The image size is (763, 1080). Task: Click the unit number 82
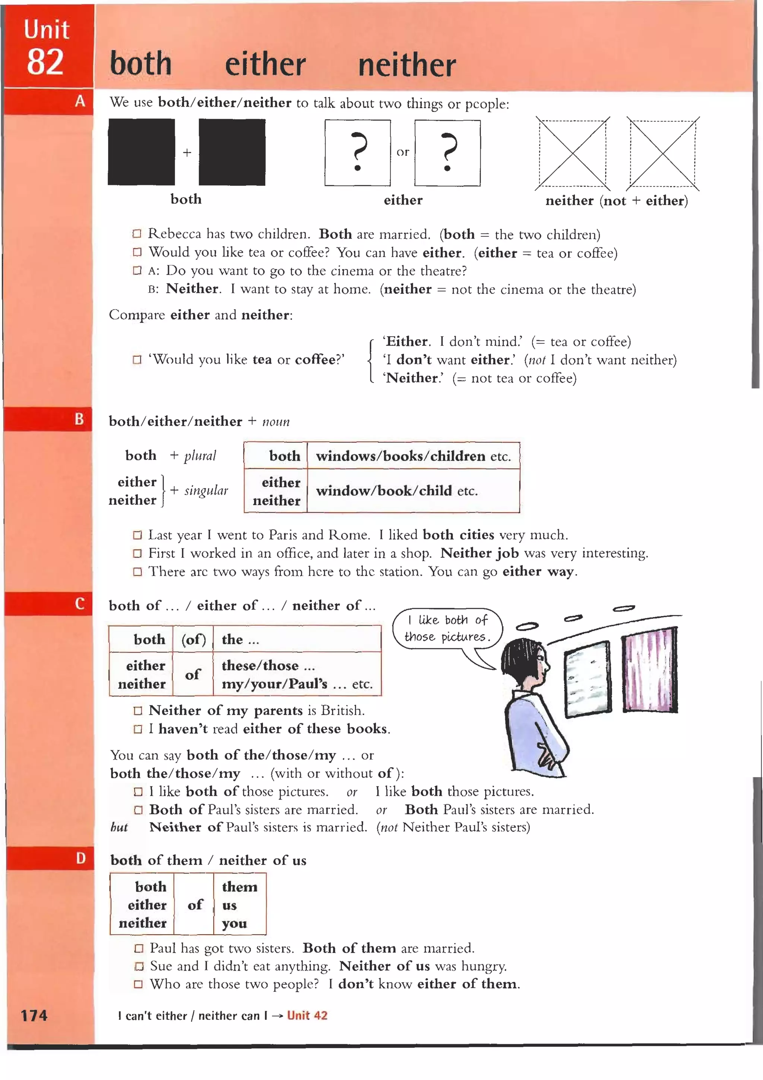tap(45, 63)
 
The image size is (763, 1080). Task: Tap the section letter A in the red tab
tap(80, 101)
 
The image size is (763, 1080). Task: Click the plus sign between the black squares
tap(187, 153)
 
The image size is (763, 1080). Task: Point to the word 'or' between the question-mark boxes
tap(402, 152)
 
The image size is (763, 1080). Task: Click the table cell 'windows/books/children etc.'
tap(413, 456)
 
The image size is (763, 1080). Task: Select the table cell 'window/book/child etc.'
tap(397, 491)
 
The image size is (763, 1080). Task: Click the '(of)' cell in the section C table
tap(193, 639)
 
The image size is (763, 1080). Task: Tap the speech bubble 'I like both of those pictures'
tap(447, 629)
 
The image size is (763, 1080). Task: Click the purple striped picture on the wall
tap(650, 670)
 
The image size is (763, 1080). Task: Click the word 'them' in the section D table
tap(239, 887)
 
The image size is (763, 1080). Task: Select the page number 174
tap(34, 1015)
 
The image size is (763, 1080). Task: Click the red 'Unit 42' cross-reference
tap(307, 1015)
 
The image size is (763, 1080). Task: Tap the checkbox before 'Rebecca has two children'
tap(137, 234)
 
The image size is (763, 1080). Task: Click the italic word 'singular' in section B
tap(206, 491)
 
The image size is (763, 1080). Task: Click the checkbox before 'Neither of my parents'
tap(138, 711)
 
